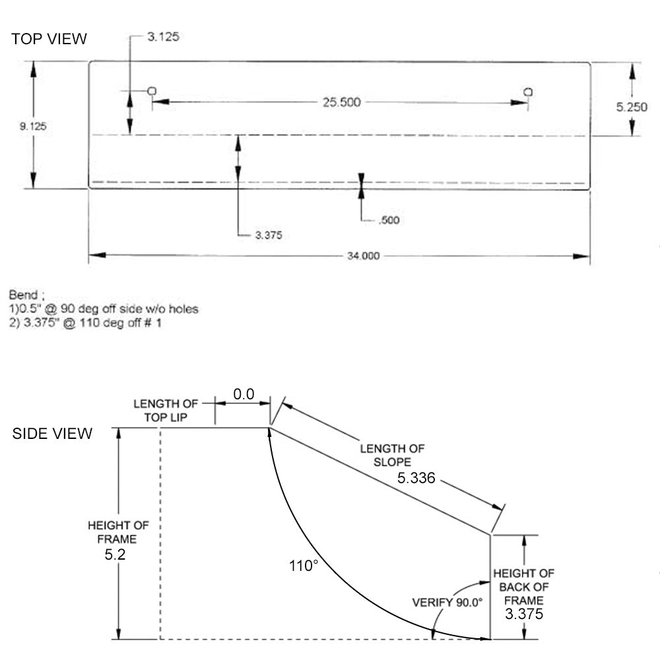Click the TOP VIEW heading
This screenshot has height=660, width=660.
[49, 39]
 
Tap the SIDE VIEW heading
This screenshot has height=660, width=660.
[53, 434]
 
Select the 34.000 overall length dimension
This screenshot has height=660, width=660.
[363, 256]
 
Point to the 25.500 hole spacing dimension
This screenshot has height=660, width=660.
[341, 102]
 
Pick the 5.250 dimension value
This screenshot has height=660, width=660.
[632, 107]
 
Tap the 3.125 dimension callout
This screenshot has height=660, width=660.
[162, 38]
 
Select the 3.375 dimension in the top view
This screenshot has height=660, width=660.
[269, 234]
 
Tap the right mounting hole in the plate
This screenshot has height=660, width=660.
[528, 92]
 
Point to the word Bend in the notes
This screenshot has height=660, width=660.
[23, 295]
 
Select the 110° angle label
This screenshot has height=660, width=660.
[304, 566]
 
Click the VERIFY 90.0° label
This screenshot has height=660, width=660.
[447, 602]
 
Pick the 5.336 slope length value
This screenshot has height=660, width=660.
[416, 478]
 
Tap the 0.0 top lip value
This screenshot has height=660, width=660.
[244, 394]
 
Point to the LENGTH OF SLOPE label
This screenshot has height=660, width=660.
[392, 455]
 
